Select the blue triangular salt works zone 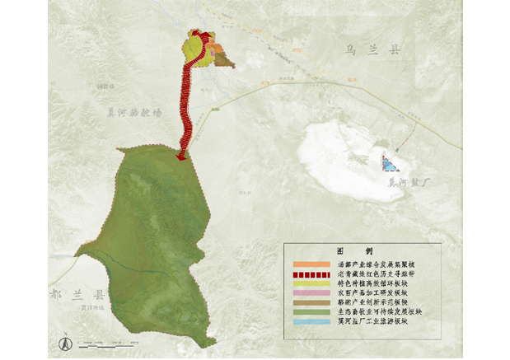coord(390,163)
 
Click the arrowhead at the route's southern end coord(181,156)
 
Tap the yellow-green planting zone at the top coord(195,48)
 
